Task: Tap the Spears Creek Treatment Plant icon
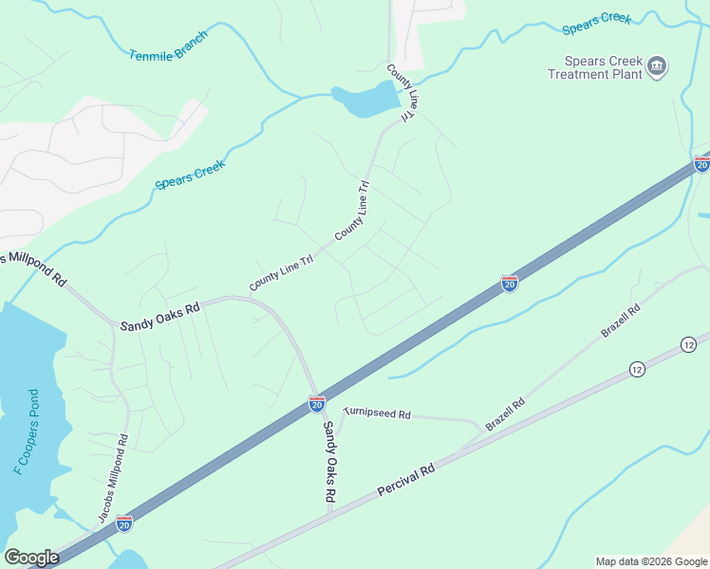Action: coord(657,66)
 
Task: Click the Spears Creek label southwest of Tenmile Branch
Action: coord(190,175)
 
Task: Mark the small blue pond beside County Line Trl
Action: coord(365,99)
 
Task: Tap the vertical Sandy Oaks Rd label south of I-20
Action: coord(328,461)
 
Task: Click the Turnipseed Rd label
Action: coord(377,413)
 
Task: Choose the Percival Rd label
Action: coord(405,481)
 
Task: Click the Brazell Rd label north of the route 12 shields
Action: coord(621,321)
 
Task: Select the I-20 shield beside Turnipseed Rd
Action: coord(317,405)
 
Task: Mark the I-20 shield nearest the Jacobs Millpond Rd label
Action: coord(124,523)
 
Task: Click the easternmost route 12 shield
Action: coord(687,343)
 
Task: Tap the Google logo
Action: coord(31,557)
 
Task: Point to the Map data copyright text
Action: coord(651,561)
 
